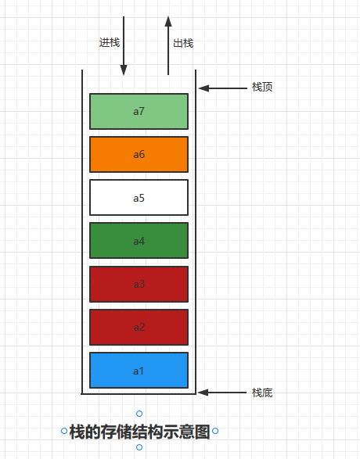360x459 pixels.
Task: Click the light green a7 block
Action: (139, 111)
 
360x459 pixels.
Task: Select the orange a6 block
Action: (139, 154)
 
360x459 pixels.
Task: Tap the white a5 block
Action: (139, 197)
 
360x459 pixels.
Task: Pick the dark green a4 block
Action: (139, 240)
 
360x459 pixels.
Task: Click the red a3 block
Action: (139, 284)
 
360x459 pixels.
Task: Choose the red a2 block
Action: (139, 327)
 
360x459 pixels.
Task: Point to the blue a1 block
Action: (139, 371)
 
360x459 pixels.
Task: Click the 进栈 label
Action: (110, 42)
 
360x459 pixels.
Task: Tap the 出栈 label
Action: (183, 43)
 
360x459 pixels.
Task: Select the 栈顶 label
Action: (262, 87)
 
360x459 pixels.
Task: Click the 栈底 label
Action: (262, 393)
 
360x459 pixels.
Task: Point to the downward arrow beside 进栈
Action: (124, 46)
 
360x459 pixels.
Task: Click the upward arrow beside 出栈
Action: (168, 45)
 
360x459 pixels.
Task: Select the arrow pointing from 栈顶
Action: (223, 88)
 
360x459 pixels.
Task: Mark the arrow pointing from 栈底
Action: (222, 393)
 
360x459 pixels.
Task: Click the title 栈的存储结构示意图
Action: (140, 432)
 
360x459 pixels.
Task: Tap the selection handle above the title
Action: (139, 414)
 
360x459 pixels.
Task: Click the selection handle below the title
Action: (139, 447)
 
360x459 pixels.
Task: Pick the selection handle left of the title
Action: (64, 431)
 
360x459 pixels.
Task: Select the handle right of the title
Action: (215, 431)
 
